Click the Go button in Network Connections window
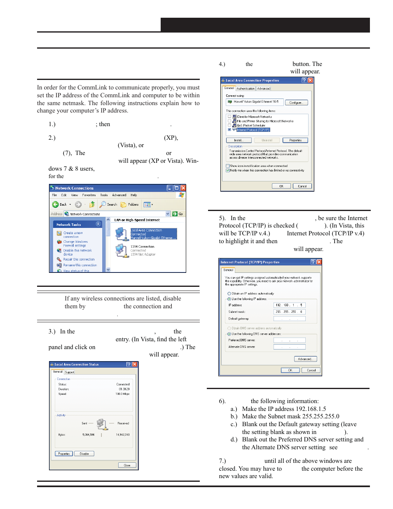click(178, 214)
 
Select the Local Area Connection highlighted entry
click(153, 234)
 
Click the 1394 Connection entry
click(142, 247)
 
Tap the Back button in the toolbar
click(60, 204)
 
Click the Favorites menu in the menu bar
click(89, 195)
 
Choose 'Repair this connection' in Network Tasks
click(79, 260)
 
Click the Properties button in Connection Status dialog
click(64, 454)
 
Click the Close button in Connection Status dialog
click(127, 465)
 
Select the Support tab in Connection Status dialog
click(70, 372)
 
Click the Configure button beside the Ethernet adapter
click(295, 103)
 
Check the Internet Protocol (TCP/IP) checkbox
click(229, 130)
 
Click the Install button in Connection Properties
click(239, 141)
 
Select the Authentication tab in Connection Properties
click(246, 89)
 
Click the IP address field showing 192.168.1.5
click(289, 305)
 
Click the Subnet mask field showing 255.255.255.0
click(289, 312)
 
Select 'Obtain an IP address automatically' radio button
click(229, 294)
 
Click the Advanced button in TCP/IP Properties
click(305, 359)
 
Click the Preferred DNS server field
click(289, 340)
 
